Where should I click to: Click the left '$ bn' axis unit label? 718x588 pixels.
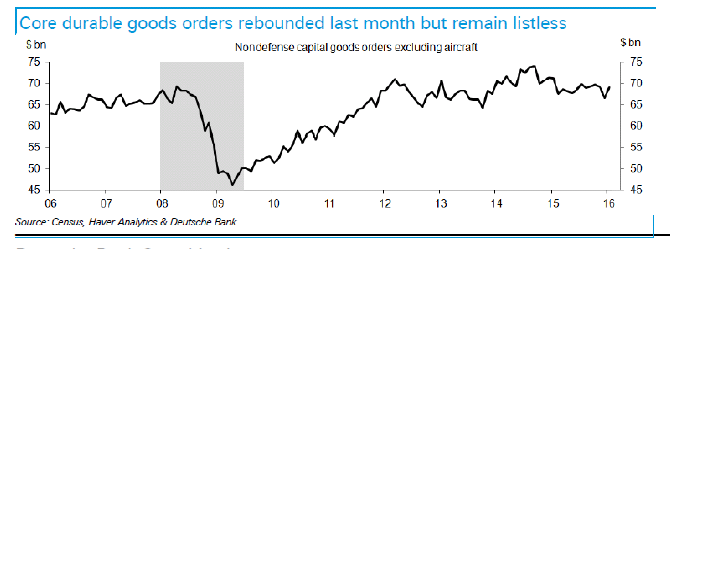click(36, 44)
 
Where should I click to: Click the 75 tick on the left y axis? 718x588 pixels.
click(34, 62)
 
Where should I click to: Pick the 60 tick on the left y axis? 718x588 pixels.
click(34, 126)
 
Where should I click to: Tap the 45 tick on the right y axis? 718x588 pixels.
click(636, 190)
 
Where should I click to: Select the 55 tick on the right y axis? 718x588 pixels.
click(636, 147)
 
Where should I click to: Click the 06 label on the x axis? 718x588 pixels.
click(51, 204)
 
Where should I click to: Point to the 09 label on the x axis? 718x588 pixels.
click(218, 204)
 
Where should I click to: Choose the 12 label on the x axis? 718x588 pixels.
click(385, 204)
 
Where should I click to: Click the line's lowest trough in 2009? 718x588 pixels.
click(232, 185)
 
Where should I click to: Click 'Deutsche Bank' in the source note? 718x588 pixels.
click(203, 222)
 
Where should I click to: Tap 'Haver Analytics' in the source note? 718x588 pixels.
click(123, 222)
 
